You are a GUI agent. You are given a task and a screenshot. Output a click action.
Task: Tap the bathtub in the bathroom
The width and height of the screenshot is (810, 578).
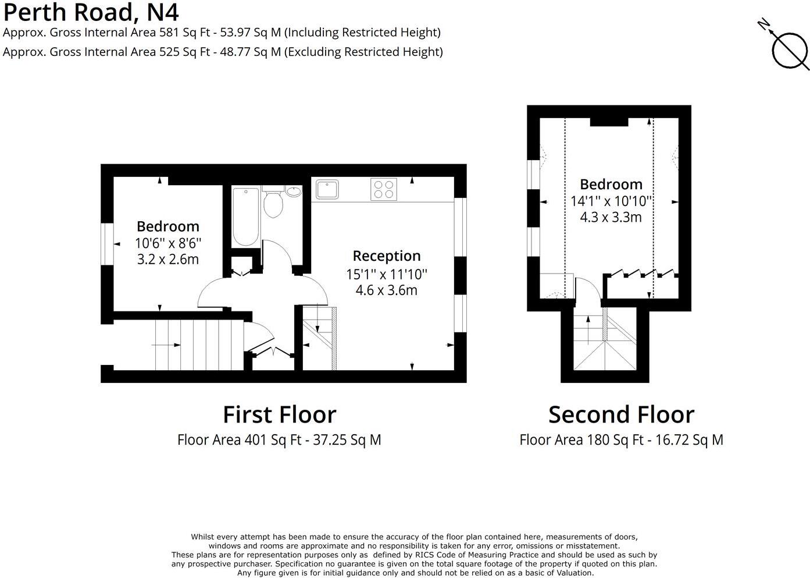[x=245, y=217]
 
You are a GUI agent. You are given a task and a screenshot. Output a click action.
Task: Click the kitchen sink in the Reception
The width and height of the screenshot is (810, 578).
[x=327, y=189]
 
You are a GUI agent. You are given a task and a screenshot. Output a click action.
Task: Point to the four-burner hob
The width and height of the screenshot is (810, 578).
[x=383, y=190]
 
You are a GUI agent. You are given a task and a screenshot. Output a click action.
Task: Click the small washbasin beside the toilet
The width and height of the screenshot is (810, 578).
[x=294, y=191]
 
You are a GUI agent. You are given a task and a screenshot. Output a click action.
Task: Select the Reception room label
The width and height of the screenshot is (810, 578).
[x=386, y=256]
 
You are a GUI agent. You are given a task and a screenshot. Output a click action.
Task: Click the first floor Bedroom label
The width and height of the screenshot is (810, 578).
[x=167, y=226]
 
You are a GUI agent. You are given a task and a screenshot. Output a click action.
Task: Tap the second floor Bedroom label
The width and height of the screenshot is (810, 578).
[x=611, y=185]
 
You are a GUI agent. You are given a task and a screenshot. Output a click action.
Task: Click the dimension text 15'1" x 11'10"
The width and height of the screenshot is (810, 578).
[x=386, y=274]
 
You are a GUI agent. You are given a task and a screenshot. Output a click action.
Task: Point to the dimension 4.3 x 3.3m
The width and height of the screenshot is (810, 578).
[x=611, y=218]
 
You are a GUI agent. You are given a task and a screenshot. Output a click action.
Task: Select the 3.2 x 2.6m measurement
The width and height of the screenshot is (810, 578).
[x=167, y=260]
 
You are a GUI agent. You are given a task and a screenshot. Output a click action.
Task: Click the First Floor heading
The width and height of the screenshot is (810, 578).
[x=279, y=415]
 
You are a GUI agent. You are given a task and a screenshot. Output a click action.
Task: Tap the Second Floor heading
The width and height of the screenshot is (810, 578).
[x=621, y=415]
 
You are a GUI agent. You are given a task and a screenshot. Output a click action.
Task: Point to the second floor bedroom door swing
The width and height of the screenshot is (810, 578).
[x=587, y=289]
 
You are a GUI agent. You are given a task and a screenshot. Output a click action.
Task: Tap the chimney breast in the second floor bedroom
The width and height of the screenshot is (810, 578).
[x=609, y=122]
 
